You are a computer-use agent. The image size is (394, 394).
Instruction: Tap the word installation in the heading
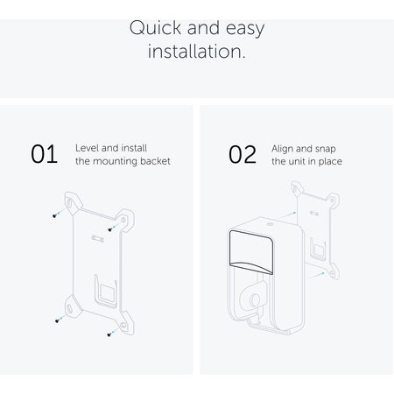pos(197,52)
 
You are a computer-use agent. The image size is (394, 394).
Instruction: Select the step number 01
pos(44,154)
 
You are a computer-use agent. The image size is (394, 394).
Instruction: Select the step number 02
pos(243,154)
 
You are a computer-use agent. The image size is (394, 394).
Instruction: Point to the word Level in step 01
pos(87,148)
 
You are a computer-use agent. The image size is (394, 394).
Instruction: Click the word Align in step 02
pos(282,149)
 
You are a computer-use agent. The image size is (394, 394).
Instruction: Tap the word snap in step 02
pos(326,149)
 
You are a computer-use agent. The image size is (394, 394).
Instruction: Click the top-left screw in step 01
pos(54,215)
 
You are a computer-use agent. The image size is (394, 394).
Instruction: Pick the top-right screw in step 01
pos(110,229)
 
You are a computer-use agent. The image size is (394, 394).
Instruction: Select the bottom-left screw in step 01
pos(57,320)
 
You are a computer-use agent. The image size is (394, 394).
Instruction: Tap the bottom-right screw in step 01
pos(109,334)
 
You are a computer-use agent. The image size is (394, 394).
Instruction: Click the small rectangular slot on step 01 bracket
pos(97,238)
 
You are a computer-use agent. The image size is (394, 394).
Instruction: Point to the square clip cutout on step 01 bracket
pos(107,292)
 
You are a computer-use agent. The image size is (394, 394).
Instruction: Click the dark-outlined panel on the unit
pos(251,252)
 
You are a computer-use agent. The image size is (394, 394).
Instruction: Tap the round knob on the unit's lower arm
pos(255,299)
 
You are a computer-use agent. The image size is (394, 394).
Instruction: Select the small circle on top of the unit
pos(270,225)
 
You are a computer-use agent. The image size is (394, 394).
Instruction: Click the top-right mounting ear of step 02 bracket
pos(333,201)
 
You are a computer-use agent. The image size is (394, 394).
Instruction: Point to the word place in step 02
pos(330,161)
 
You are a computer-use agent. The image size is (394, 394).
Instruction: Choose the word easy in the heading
pos(245,29)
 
